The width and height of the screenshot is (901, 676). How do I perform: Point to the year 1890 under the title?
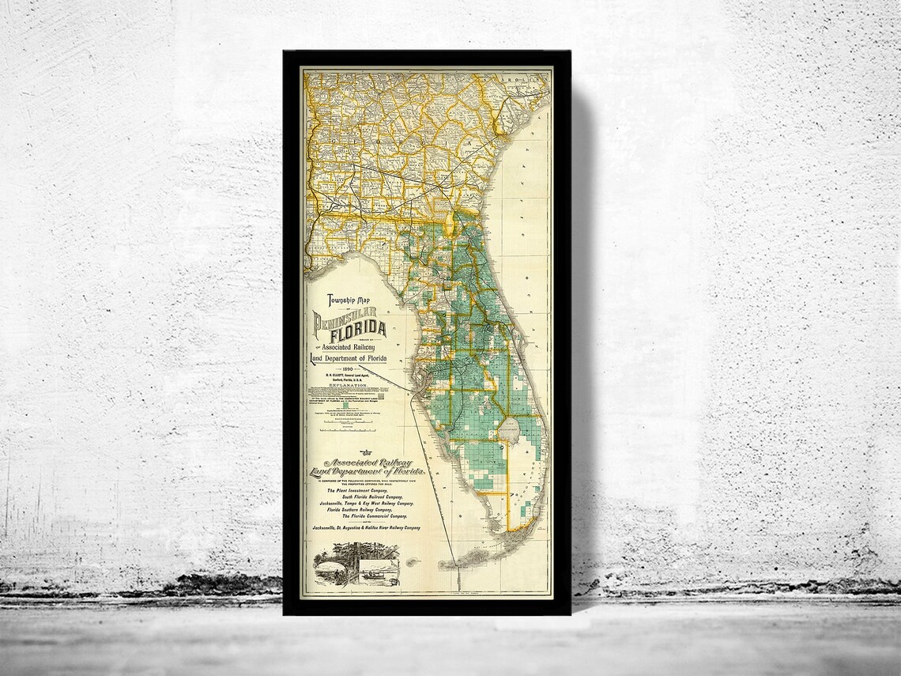tap(347, 369)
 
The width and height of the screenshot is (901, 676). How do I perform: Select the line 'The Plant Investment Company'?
tap(357, 490)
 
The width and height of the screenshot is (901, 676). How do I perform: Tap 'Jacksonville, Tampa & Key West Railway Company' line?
tap(367, 504)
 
